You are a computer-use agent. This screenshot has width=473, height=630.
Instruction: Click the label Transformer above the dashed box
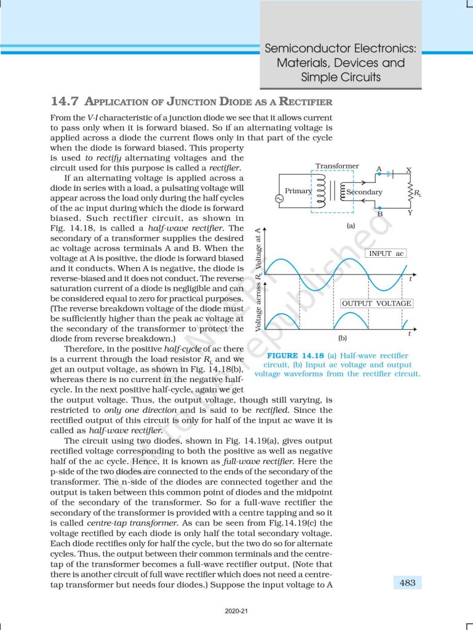pos(336,166)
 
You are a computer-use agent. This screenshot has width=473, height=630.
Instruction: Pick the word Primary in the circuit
pos(298,191)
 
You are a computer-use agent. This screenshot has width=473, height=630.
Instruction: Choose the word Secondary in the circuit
pos(364,192)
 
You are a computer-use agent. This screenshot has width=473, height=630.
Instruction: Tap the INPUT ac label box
pos(386,253)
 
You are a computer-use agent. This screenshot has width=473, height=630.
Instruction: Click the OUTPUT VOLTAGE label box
pos(376,303)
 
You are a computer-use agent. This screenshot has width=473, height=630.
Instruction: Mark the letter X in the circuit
pos(409,169)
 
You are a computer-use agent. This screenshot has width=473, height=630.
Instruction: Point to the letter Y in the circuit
pos(409,213)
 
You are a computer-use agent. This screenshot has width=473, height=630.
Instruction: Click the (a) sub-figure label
pos(351,226)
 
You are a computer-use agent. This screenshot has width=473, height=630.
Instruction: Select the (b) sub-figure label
pos(343,338)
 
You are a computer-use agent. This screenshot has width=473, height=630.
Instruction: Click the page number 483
pos(407,583)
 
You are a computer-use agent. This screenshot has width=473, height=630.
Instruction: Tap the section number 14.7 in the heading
pos(65,102)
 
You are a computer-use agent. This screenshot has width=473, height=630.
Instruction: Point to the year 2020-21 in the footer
pos(236,612)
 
